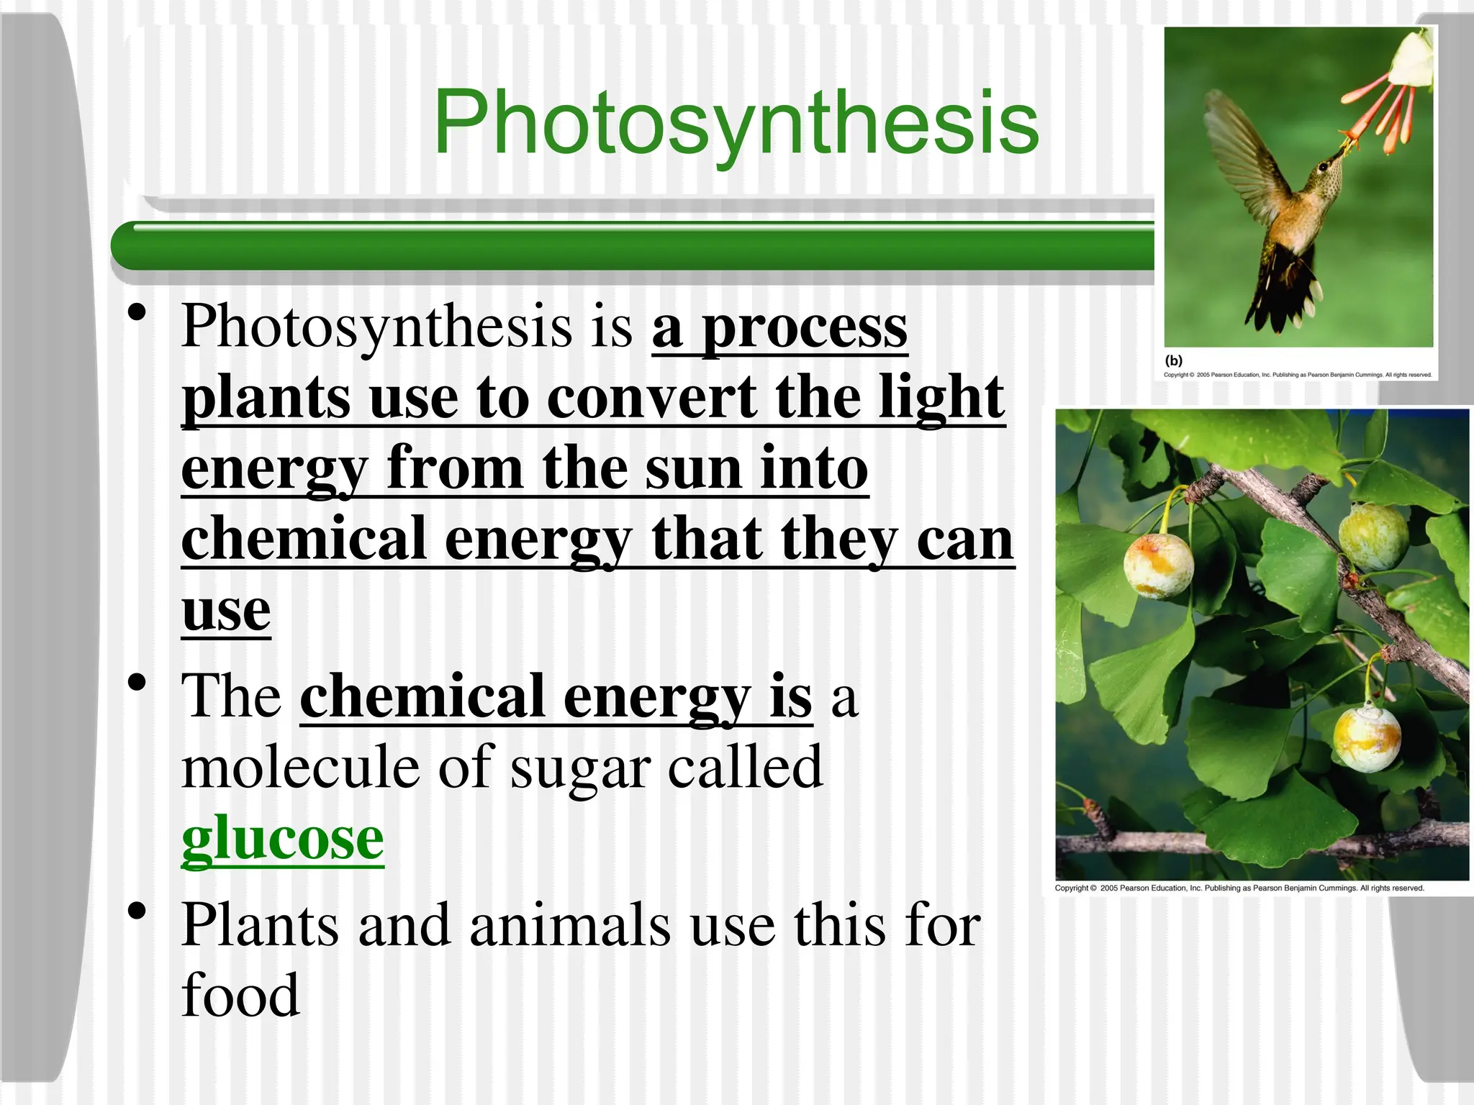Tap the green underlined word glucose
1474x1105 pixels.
point(282,839)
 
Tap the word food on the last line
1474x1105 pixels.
point(240,996)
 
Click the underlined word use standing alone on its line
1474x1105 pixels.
point(226,610)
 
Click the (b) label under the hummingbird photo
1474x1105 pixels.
point(1173,360)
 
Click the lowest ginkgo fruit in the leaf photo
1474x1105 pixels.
point(1365,738)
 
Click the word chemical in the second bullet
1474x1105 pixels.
point(422,696)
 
